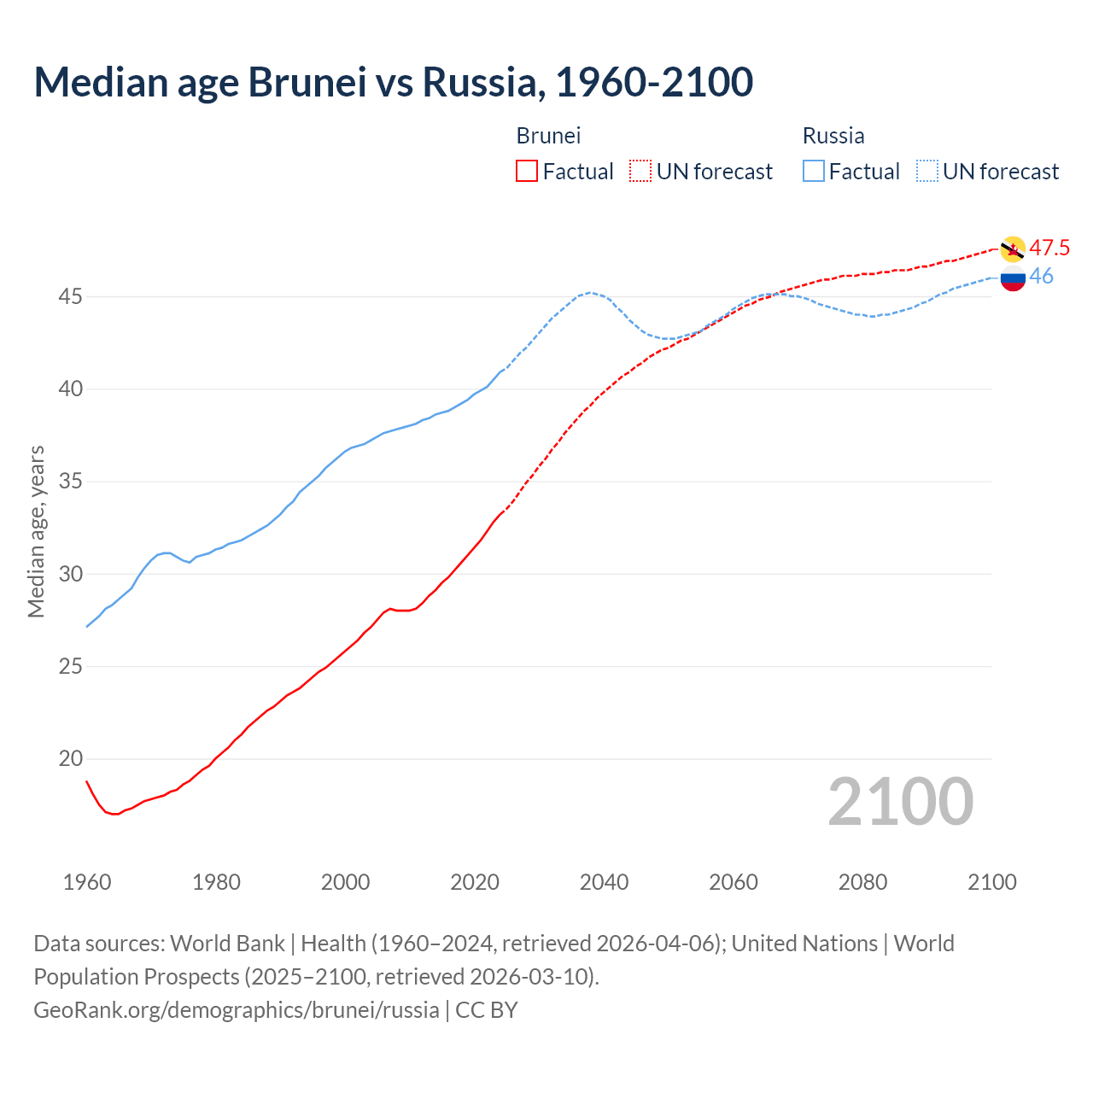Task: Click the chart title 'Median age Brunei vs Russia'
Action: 393,82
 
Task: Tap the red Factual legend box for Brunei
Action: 527,171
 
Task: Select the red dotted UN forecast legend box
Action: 640,171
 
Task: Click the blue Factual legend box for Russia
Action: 813,171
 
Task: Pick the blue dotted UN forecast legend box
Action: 926,171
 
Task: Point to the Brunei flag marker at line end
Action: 1013,248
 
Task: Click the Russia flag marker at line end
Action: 1013,278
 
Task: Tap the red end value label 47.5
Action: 1049,248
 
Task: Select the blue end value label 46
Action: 1041,276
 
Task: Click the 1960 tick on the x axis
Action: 87,881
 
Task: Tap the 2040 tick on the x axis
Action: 604,881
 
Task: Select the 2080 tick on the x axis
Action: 862,881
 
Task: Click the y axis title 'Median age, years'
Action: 36,531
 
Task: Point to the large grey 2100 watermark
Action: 900,802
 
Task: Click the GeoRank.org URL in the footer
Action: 237,1009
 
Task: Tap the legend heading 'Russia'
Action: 833,136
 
